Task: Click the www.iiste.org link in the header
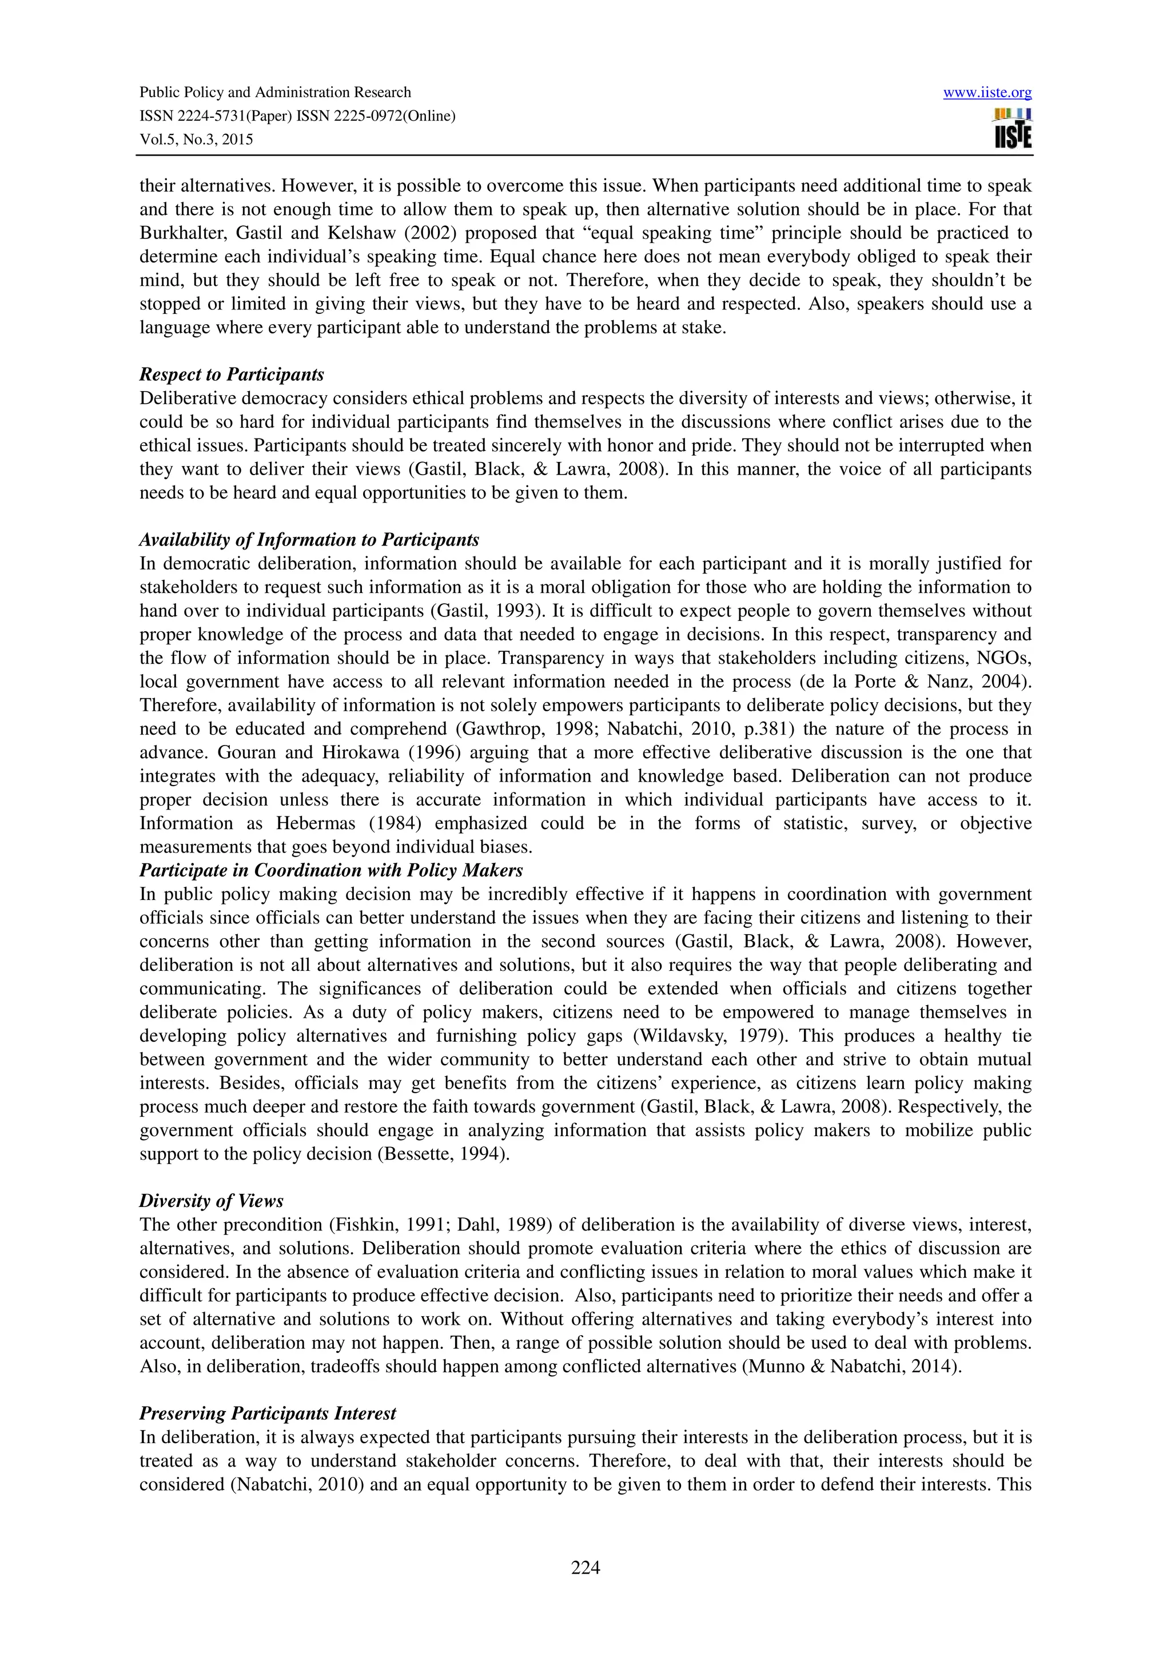coord(987,93)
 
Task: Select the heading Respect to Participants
coord(232,375)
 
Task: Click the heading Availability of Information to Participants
coord(309,540)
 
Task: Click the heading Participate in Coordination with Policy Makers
coord(331,870)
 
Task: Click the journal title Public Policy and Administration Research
coord(275,93)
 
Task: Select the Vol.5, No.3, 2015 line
coord(196,140)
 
